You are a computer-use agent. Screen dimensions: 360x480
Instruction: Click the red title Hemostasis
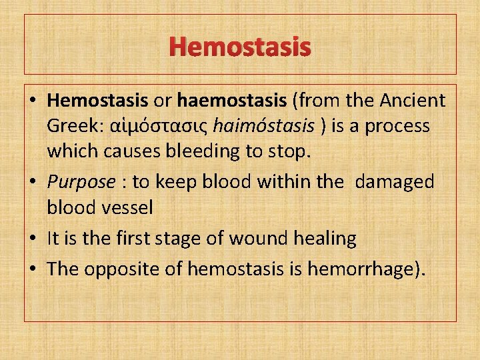(240, 47)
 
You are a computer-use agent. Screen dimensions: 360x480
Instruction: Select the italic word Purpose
(81, 182)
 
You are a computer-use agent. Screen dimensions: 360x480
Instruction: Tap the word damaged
(395, 182)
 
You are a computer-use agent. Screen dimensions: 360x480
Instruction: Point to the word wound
(261, 238)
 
